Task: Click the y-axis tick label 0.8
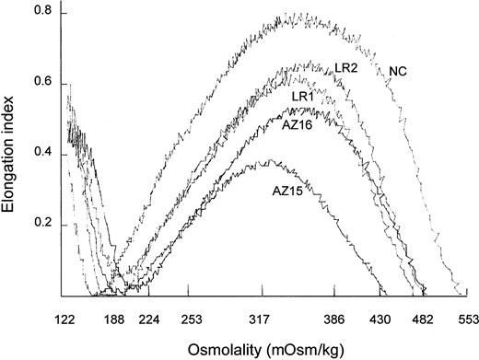(x=41, y=15)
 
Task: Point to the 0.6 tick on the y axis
(x=41, y=85)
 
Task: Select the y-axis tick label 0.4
(x=41, y=155)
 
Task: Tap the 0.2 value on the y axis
(x=41, y=226)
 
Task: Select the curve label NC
(x=399, y=72)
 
